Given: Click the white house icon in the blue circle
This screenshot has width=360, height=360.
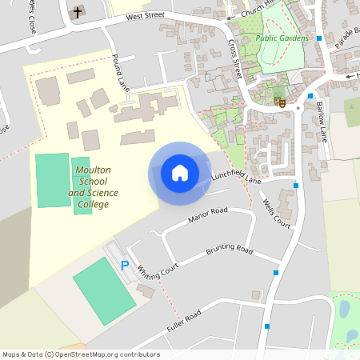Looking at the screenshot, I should pos(180,172).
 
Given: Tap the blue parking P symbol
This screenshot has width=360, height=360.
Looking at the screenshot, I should pos(124,265).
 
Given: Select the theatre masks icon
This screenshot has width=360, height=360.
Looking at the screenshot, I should pos(280,102).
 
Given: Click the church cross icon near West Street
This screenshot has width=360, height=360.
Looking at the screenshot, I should pos(78,12).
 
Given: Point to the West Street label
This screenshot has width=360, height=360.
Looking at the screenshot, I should pos(145,15).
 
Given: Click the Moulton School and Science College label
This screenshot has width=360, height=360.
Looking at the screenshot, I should pos(93,187).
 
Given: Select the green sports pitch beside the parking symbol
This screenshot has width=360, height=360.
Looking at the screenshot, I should pos(104,289).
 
